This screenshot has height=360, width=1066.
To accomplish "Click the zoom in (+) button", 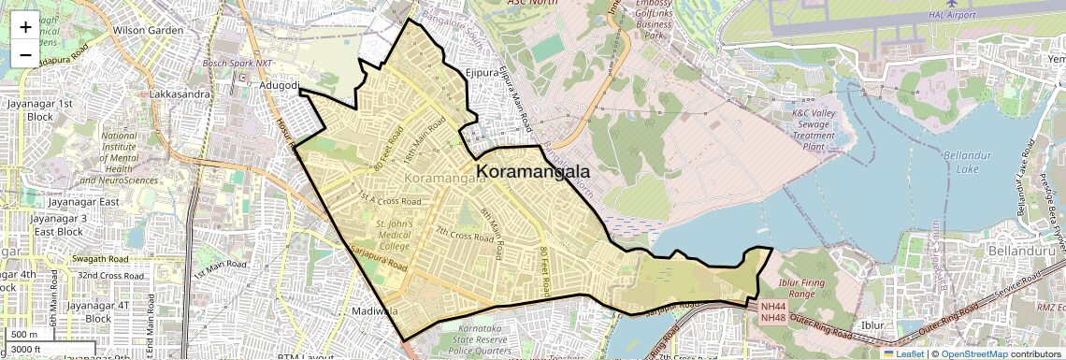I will (25, 27).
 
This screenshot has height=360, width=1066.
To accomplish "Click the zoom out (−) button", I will (25, 55).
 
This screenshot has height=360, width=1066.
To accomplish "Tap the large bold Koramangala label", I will (534, 171).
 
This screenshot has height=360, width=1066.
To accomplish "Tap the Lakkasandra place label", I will (178, 94).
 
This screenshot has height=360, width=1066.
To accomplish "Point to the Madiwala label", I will (376, 310).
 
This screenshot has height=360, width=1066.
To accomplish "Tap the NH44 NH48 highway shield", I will (773, 312).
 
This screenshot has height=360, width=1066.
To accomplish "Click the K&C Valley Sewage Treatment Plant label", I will (814, 130).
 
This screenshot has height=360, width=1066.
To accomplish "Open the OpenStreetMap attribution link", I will (972, 353).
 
